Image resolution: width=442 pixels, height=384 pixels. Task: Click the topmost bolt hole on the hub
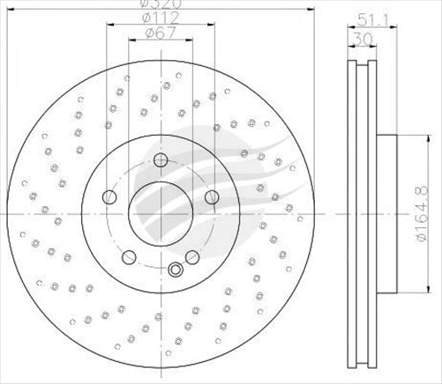pos(160,160)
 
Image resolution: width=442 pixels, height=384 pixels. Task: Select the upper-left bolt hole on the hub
pos(109,196)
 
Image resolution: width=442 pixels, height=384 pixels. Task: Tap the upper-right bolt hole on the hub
pos(210,197)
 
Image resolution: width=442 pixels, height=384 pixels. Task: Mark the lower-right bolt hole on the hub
pos(191,256)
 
